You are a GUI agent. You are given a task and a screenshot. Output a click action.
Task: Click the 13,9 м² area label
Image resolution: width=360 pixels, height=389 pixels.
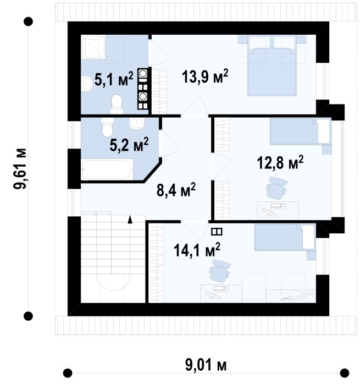(205, 76)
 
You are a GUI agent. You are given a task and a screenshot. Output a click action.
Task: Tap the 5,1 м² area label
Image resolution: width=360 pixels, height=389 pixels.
(114, 79)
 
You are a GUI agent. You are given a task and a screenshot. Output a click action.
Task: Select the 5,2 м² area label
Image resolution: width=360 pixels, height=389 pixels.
(129, 144)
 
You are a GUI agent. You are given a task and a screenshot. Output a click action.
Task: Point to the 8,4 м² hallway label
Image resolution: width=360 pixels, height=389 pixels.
(176, 190)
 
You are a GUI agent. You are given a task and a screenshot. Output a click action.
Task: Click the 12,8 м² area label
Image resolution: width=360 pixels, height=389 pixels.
(280, 163)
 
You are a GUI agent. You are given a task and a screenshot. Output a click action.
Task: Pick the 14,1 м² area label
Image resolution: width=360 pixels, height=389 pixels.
(197, 250)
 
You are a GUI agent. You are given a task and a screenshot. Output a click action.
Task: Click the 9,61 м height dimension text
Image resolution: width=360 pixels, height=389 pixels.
(20, 169)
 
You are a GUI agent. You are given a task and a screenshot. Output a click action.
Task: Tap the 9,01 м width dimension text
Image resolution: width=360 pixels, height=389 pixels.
(206, 365)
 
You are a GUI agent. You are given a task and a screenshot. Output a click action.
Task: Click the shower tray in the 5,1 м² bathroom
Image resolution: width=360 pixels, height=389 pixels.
(93, 47)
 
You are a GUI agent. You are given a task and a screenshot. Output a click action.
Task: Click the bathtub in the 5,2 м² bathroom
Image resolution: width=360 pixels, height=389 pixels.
(107, 169)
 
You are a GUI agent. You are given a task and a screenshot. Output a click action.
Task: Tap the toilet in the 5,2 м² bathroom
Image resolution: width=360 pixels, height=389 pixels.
(107, 128)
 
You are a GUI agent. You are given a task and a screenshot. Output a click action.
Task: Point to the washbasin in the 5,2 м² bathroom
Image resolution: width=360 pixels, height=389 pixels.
(137, 123)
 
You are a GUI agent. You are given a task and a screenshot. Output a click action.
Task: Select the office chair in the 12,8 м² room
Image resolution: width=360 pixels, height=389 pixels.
(276, 188)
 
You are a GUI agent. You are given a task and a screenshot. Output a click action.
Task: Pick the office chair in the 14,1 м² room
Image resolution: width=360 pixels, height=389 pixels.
(219, 271)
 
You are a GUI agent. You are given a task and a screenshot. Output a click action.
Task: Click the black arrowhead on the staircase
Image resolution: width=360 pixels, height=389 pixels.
(130, 219)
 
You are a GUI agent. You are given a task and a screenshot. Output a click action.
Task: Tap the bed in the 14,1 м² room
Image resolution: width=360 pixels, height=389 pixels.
(285, 238)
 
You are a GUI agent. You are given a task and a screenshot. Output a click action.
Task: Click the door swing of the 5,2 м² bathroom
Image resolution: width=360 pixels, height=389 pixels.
(169, 144)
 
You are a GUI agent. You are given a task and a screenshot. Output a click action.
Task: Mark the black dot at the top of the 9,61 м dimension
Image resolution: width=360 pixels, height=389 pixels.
(28, 21)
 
